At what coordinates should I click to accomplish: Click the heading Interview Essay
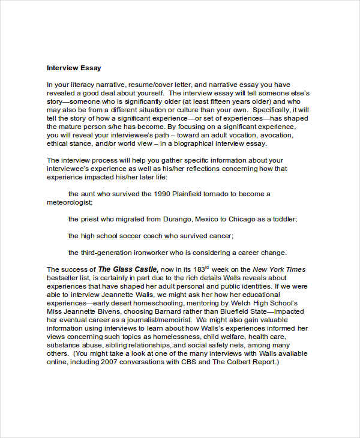point(73,68)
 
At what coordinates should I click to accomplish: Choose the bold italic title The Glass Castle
point(128,269)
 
